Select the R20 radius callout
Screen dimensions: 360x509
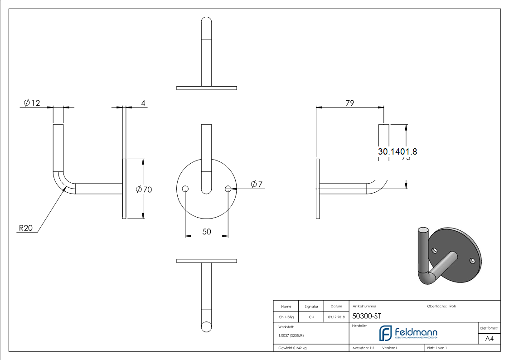25,229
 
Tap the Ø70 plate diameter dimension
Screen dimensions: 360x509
144,190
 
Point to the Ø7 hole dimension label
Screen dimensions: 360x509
257,184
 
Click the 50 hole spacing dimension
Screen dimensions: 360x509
206,232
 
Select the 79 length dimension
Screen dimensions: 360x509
349,103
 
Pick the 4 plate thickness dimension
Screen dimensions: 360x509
143,103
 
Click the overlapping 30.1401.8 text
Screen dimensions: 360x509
397,152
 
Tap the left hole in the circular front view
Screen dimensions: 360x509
185,189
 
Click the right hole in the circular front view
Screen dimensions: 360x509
228,189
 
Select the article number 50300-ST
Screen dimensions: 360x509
367,317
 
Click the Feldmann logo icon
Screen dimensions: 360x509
386,333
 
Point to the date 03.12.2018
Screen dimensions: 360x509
336,317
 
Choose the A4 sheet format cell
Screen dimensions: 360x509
490,338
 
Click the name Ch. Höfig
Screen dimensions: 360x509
286,317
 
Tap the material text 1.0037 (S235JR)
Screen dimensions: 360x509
291,336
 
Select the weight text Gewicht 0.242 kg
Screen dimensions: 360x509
293,348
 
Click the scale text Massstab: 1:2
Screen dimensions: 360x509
363,348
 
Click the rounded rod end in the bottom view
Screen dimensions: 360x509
206,326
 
